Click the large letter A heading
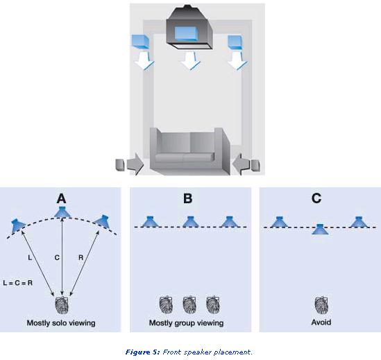click(x=62, y=198)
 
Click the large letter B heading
click(x=187, y=198)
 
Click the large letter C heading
click(x=316, y=198)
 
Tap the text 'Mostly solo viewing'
click(x=61, y=323)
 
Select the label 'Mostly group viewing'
click(x=187, y=323)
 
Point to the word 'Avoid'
click(x=321, y=323)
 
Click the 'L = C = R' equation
click(x=18, y=283)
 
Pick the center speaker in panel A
click(x=62, y=212)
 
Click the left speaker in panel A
click(x=18, y=225)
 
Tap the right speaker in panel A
click(x=103, y=221)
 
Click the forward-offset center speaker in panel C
click(x=320, y=230)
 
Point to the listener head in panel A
click(x=62, y=305)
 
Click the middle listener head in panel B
click(x=189, y=304)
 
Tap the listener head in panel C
click(x=321, y=305)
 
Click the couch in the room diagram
click(x=189, y=151)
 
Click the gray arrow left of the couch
click(x=135, y=164)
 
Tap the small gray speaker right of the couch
click(x=255, y=165)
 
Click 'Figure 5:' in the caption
click(x=143, y=352)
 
